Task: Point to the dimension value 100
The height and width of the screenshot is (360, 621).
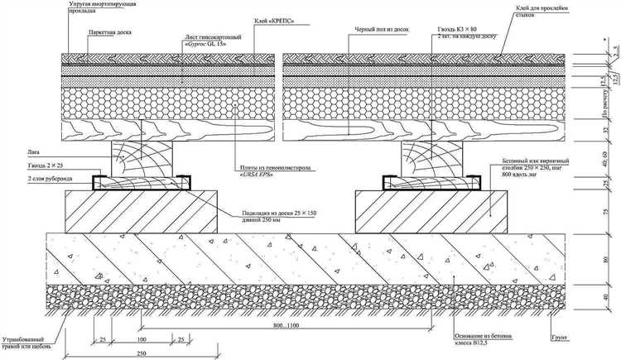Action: pos(142,339)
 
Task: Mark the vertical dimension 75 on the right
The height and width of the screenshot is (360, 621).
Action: pos(604,211)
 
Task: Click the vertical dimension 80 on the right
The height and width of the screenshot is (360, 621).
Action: pos(604,261)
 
